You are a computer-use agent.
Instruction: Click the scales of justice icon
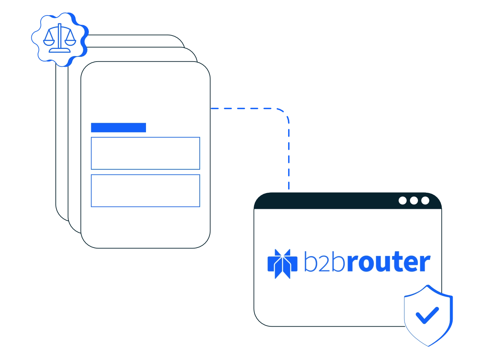coord(60,38)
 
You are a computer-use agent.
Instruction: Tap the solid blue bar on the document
coord(118,127)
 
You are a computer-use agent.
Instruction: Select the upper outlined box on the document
coord(145,153)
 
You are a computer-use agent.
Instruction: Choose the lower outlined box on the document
coord(145,191)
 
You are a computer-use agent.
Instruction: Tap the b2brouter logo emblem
coord(282,264)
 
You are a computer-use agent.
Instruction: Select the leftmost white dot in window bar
coord(402,200)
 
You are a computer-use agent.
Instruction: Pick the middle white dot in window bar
coord(414,200)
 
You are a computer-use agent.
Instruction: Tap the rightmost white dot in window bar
coord(425,200)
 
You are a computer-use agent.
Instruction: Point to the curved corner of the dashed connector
coord(285,113)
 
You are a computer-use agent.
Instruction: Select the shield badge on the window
coord(428,315)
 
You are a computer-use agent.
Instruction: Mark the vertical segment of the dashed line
coord(289,155)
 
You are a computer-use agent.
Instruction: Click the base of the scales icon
coord(60,50)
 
